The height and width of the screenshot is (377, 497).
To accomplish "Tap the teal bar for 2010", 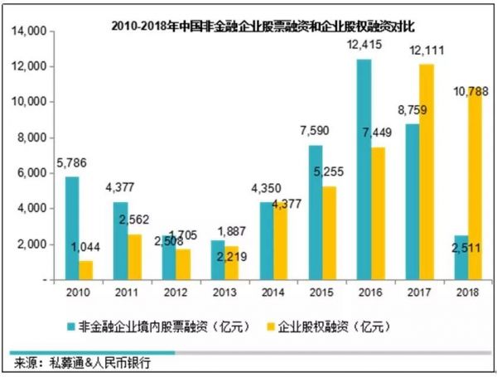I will click(x=72, y=228).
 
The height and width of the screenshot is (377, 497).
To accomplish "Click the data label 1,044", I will click(x=84, y=247).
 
